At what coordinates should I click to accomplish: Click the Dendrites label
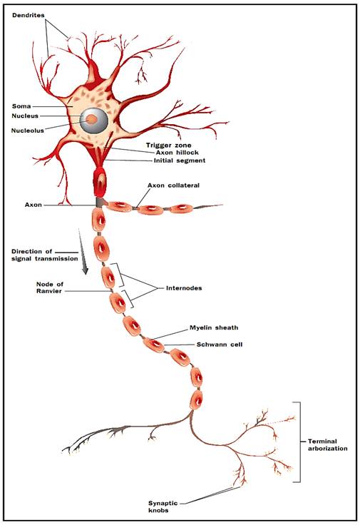point(29,15)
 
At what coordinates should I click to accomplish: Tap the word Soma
point(21,106)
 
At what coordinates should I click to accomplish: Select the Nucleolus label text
point(27,131)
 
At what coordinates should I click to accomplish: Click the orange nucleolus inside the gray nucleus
point(91,119)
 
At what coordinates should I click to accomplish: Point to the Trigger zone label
point(169,145)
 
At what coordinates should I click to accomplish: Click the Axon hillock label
point(177,153)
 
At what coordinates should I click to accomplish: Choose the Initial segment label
point(180,160)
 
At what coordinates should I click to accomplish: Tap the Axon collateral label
point(173,185)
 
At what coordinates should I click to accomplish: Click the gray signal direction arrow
point(83,252)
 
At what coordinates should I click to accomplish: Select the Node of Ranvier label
point(49,287)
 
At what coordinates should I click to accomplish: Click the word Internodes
point(184,288)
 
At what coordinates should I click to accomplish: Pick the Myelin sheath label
point(214,327)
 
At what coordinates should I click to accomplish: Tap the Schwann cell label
point(219,345)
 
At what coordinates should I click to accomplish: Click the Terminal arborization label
point(327,445)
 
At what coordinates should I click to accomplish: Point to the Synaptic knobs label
point(163,506)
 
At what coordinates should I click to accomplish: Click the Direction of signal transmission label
point(44,255)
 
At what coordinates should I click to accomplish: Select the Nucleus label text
point(25,116)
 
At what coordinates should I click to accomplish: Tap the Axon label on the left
point(34,205)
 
